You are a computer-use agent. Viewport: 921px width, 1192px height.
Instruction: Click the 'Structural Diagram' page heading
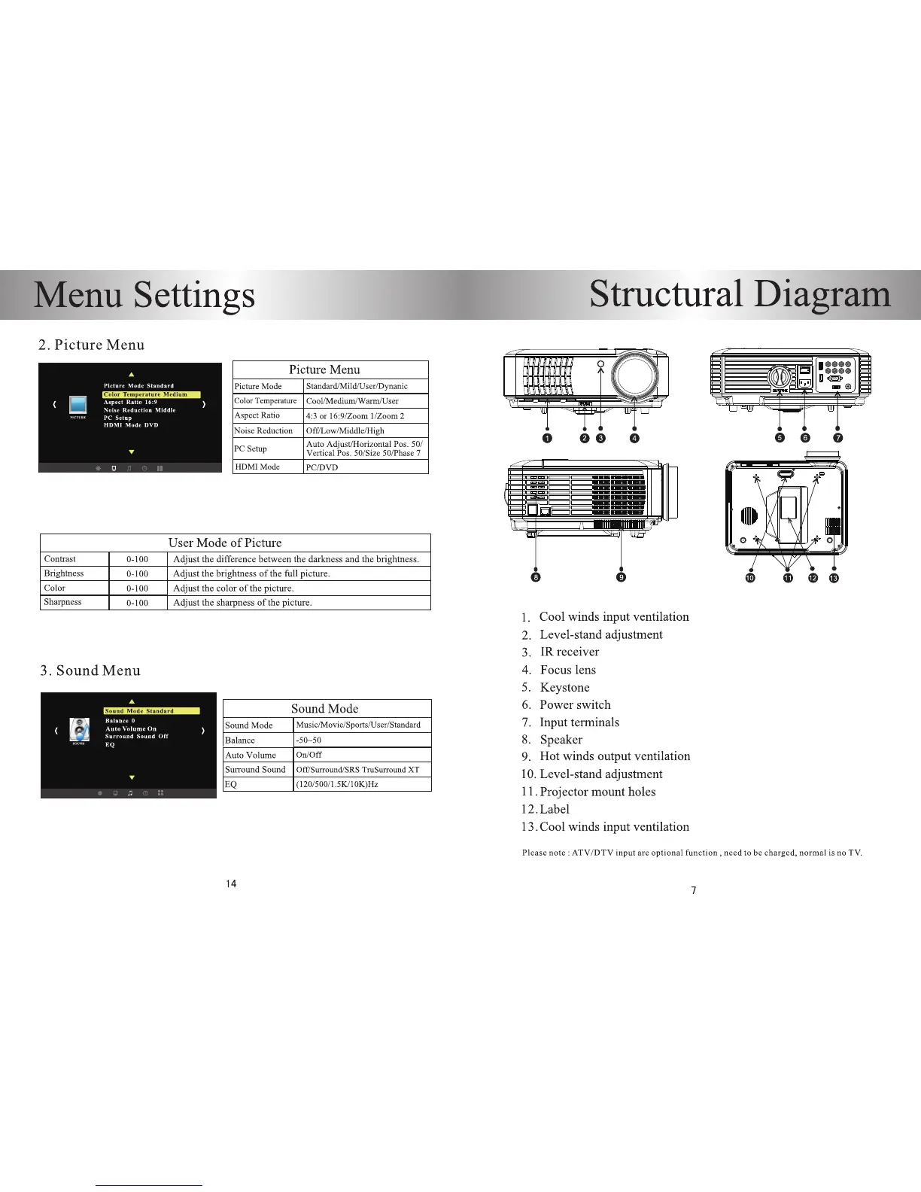(x=740, y=294)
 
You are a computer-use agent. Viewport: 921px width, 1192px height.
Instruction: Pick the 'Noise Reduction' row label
(x=263, y=430)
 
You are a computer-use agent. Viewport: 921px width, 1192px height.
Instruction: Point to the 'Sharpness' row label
(x=63, y=602)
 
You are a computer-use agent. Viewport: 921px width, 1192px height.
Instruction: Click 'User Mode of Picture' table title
(x=225, y=543)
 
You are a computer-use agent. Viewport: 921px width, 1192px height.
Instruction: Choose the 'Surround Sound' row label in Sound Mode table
(x=255, y=769)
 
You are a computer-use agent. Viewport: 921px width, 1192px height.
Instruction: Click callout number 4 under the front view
(x=634, y=438)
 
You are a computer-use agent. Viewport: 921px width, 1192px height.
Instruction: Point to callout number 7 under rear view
(x=837, y=438)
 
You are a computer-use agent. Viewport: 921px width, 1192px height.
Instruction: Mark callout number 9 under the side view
(x=621, y=577)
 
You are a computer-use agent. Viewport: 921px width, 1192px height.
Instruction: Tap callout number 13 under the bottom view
(x=834, y=578)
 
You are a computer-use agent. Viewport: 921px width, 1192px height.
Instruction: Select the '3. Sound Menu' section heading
(x=90, y=670)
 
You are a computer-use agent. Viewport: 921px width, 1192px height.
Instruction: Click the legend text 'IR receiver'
(x=570, y=652)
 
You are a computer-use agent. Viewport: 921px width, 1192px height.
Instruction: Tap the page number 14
(x=231, y=883)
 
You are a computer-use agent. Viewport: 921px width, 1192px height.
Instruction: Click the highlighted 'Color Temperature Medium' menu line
(x=152, y=394)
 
